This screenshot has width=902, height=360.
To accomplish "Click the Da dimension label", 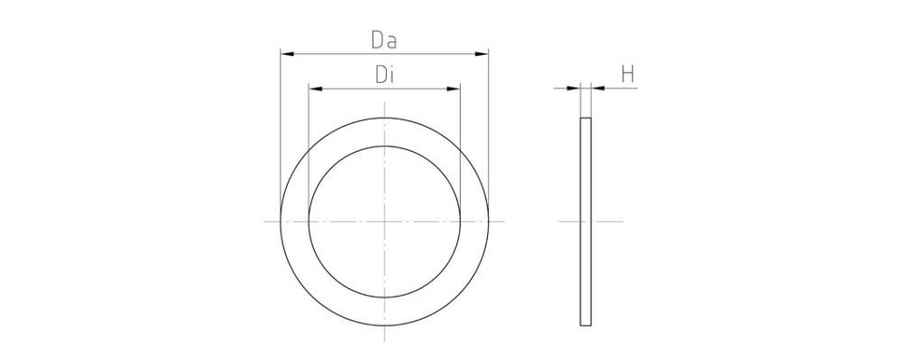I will (385, 41).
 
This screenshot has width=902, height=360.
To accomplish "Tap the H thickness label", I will (629, 75).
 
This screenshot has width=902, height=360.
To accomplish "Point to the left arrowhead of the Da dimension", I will (288, 54).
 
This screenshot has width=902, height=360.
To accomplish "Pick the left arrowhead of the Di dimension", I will (315, 88).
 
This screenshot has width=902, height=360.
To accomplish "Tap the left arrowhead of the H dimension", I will (575, 88).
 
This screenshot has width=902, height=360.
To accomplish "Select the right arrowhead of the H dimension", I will (597, 88).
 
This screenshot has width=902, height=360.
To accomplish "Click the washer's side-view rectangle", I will (585, 221).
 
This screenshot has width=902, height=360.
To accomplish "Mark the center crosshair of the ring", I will (385, 221).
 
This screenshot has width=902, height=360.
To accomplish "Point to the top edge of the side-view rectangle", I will (585, 118).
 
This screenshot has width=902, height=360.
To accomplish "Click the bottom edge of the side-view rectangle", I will (585, 325).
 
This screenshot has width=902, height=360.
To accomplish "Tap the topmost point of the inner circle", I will (385, 146).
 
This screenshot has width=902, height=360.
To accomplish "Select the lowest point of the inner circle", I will (385, 296).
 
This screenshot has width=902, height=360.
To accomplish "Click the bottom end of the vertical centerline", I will (385, 340).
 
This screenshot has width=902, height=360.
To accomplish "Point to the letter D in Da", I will (378, 41).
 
